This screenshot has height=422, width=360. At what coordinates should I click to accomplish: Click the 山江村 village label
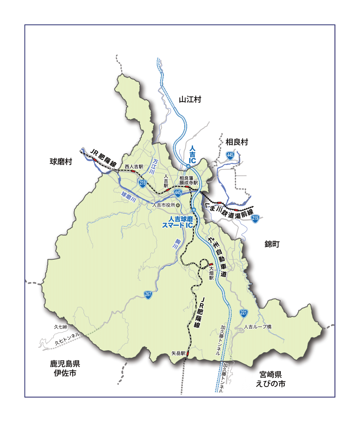point(190,100)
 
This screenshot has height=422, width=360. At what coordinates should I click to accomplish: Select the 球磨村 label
point(61,162)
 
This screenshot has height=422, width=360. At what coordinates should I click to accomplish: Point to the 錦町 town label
point(272,244)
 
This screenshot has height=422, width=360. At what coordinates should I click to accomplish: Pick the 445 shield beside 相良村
point(230,156)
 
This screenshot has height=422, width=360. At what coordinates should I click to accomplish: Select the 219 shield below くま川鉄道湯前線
point(255,219)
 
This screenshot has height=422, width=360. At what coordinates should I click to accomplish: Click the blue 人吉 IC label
point(192,155)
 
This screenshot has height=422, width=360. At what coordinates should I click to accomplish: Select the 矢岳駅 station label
point(178,353)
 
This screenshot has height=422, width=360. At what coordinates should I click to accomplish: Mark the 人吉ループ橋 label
point(258,327)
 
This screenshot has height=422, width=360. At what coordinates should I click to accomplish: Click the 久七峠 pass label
point(61,327)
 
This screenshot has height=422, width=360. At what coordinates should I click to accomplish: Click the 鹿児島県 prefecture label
point(65,363)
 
